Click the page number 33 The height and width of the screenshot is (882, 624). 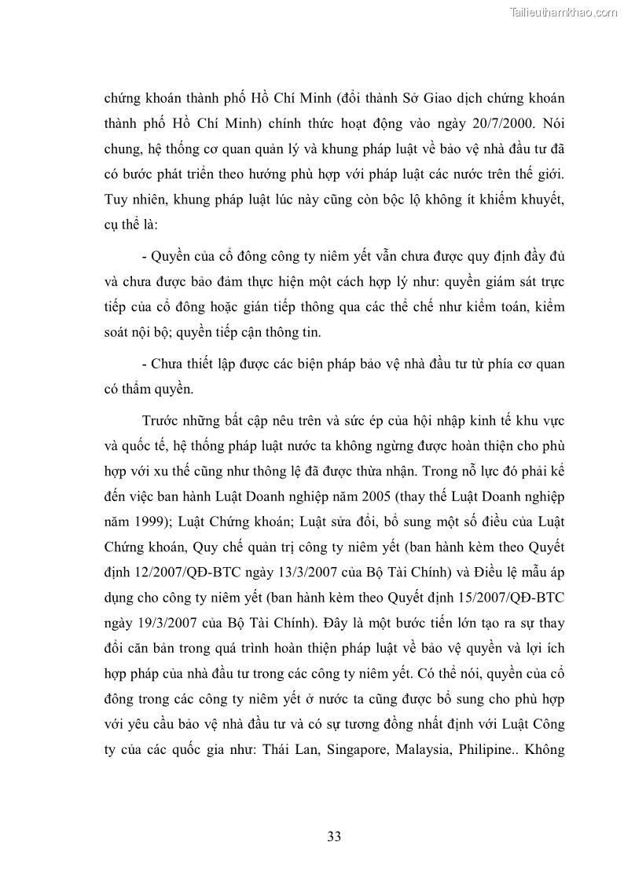334,836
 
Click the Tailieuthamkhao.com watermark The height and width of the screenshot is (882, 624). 563,13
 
